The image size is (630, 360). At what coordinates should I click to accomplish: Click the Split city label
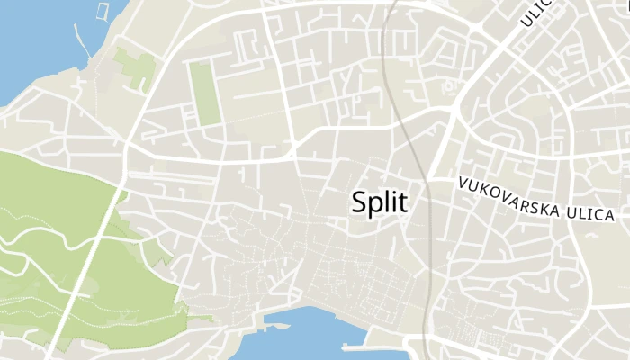[379, 202]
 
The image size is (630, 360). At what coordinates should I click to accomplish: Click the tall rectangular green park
[206, 94]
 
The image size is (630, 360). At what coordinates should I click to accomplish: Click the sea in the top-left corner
[31, 36]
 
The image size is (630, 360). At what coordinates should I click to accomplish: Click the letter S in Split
[360, 202]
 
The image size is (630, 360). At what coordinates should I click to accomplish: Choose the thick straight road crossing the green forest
[85, 270]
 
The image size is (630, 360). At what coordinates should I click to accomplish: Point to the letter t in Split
[401, 202]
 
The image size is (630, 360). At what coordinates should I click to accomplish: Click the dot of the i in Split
[391, 191]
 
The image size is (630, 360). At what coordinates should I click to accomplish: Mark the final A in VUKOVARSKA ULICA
[610, 217]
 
